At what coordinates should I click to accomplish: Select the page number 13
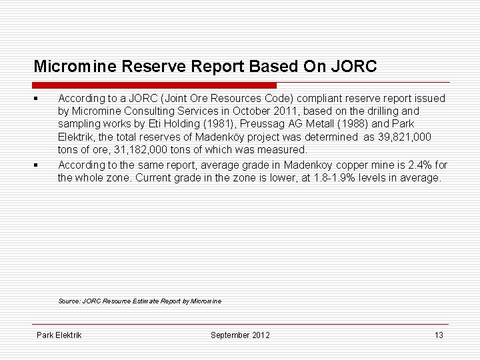coord(439,335)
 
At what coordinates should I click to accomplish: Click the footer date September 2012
coord(240,335)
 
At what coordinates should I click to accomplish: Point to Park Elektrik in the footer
coord(59,335)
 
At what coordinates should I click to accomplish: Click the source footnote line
coord(139,301)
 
